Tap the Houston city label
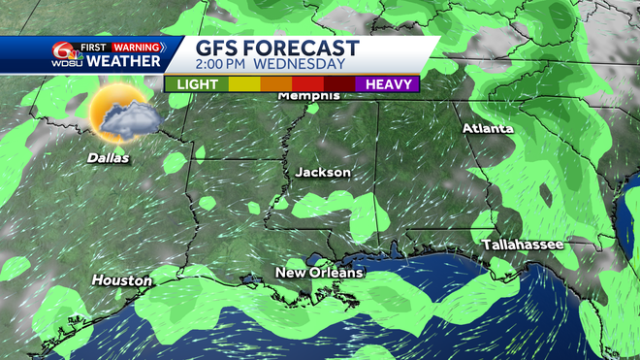click(122, 280)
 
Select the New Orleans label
click(319, 273)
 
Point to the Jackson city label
click(323, 172)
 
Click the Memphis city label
click(309, 96)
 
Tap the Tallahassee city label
click(523, 245)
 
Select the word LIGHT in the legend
click(197, 84)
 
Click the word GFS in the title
click(221, 49)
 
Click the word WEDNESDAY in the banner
click(303, 65)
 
